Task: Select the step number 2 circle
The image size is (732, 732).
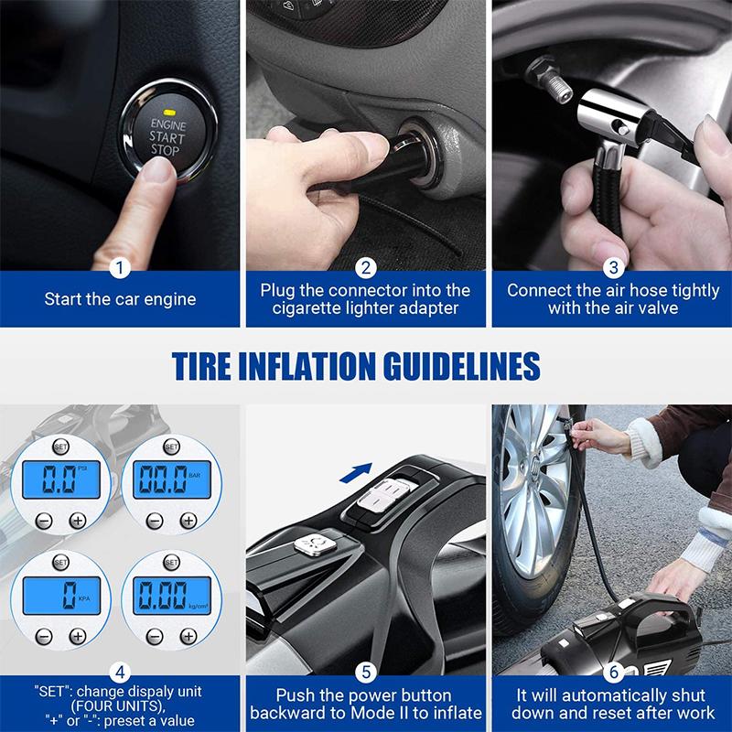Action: click(x=366, y=268)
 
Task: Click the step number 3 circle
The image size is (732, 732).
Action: click(x=613, y=268)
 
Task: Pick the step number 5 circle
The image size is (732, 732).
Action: click(x=366, y=673)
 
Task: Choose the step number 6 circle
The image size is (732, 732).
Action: click(x=613, y=673)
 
